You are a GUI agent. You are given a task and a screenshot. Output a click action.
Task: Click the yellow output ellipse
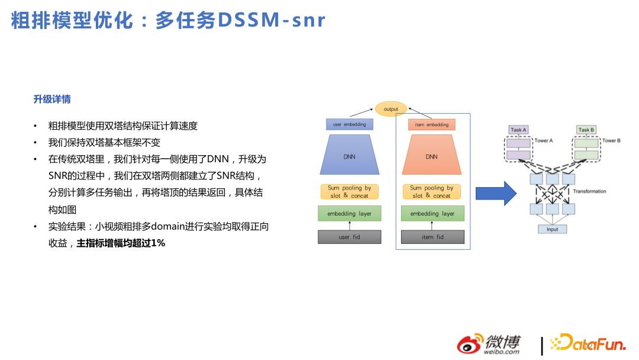coord(390,109)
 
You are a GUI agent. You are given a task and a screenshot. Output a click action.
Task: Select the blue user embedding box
coord(349,124)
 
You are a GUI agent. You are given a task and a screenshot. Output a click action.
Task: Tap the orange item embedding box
coord(431,125)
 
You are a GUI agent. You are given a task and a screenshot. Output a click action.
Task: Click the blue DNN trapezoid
coord(349,156)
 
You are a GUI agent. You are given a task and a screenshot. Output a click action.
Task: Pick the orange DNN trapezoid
coord(431,156)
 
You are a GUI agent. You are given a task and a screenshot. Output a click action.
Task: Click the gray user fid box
coord(349,237)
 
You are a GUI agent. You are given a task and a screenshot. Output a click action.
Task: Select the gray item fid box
coord(432,237)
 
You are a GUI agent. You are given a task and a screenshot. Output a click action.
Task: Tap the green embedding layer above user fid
coord(349,213)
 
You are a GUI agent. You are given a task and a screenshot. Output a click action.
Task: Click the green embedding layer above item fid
coord(432,213)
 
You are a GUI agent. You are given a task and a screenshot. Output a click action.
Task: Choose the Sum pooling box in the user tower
coord(349,191)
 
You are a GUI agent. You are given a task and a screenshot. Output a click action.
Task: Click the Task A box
coord(518,130)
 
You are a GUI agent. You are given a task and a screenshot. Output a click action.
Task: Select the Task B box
coord(586,130)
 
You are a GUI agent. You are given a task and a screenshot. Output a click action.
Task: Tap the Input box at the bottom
coord(551,229)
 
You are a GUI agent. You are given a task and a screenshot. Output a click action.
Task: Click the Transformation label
coord(589,191)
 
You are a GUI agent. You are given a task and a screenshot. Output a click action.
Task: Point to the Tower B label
coord(611,141)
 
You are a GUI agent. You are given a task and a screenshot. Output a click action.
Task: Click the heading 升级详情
coord(52,99)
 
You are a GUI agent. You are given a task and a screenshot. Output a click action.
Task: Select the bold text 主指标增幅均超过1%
coord(121,243)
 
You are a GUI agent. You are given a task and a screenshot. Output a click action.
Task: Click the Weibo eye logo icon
coord(470,345)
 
